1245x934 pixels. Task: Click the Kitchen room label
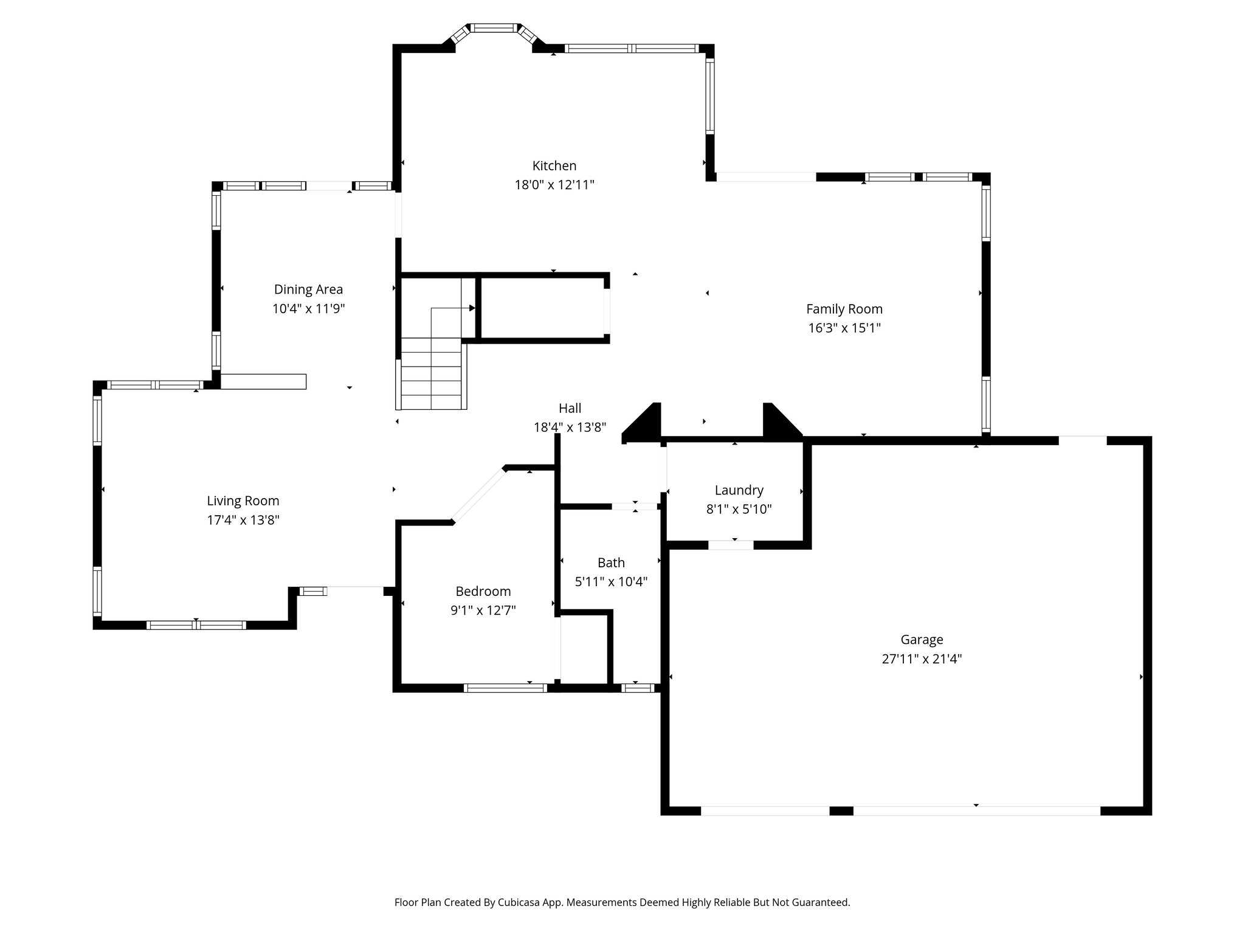pyautogui.click(x=554, y=165)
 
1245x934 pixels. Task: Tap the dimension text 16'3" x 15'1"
pyautogui.click(x=844, y=328)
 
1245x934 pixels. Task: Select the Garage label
pyautogui.click(x=922, y=639)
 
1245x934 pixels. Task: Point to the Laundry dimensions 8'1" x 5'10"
pyautogui.click(x=739, y=510)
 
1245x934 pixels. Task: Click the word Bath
pyautogui.click(x=611, y=562)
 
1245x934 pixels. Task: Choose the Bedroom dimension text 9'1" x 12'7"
pyautogui.click(x=483, y=611)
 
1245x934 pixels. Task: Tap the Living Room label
pyautogui.click(x=243, y=500)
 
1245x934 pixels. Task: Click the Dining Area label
pyautogui.click(x=308, y=289)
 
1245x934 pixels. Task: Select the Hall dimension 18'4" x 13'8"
pyautogui.click(x=570, y=427)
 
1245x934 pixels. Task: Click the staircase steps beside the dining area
pyautogui.click(x=432, y=374)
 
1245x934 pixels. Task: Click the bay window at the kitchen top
pyautogui.click(x=495, y=28)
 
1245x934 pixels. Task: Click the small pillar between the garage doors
pyautogui.click(x=841, y=811)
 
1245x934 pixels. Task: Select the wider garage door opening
pyautogui.click(x=976, y=811)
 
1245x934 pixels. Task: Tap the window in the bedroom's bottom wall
pyautogui.click(x=505, y=688)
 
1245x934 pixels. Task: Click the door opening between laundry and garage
pyautogui.click(x=731, y=545)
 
